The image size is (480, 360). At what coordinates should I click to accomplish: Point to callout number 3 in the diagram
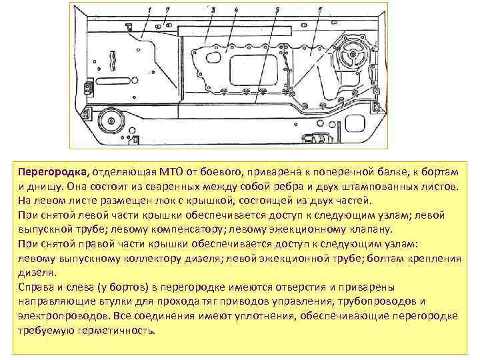213,9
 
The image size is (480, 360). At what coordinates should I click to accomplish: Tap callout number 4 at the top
236,9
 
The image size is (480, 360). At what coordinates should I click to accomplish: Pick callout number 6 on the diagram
321,9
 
